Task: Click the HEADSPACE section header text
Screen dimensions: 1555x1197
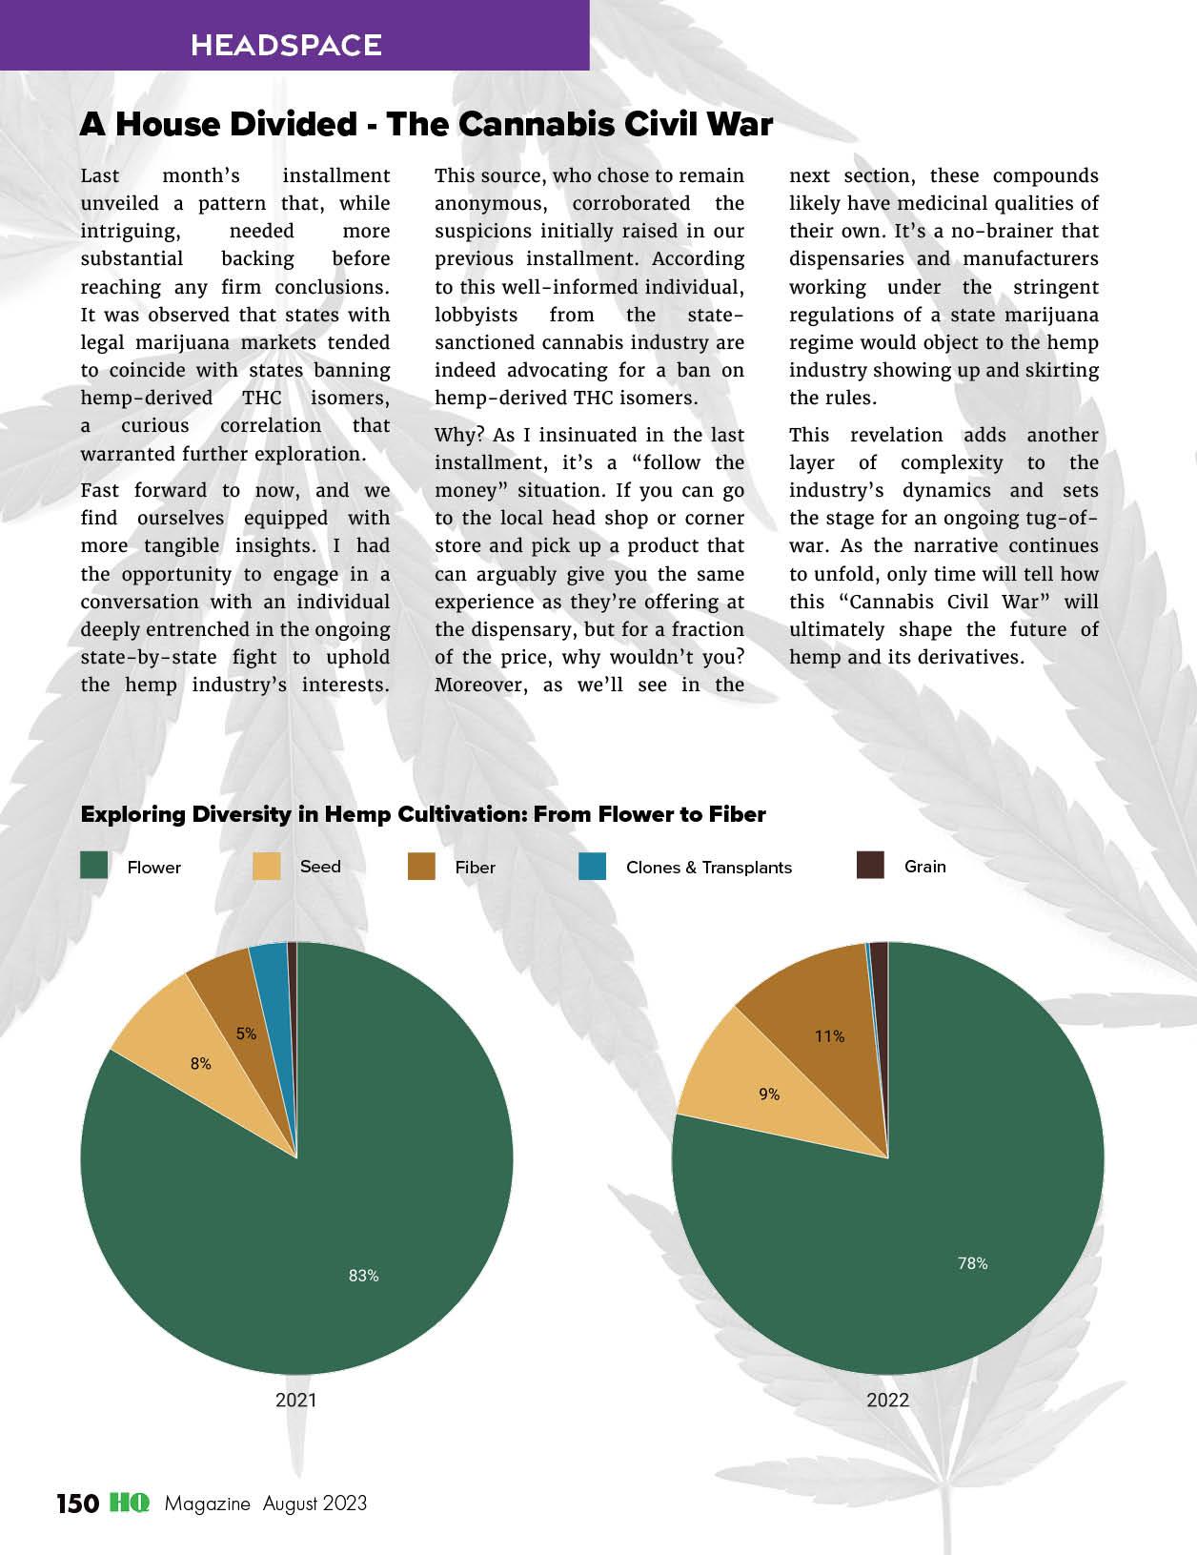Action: click(286, 45)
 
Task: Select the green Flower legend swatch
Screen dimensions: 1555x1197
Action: click(94, 866)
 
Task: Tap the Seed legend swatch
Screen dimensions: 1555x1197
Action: click(267, 866)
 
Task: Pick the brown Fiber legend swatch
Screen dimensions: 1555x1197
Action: click(421, 866)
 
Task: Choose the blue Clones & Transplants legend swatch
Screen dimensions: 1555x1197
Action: click(592, 866)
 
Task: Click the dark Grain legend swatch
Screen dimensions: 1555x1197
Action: click(871, 866)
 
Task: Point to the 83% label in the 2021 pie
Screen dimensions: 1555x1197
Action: click(363, 1276)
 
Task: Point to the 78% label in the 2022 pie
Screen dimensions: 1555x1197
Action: click(972, 1263)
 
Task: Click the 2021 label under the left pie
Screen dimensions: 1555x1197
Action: click(295, 1400)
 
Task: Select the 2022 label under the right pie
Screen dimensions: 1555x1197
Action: click(887, 1400)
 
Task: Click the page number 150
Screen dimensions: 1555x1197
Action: click(77, 1504)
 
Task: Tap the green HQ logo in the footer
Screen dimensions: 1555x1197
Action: click(129, 1503)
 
